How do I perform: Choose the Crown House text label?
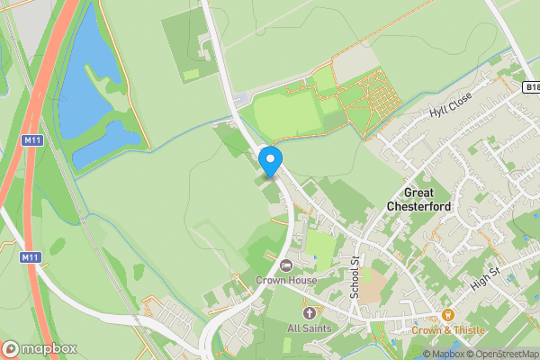coord(286,280)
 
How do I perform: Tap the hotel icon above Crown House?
coord(286,265)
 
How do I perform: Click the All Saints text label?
coord(309,328)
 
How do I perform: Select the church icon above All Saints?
coord(309,312)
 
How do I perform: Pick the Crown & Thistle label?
coord(448,330)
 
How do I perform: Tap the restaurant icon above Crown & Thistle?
coord(447,315)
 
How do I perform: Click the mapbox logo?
coord(40,348)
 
